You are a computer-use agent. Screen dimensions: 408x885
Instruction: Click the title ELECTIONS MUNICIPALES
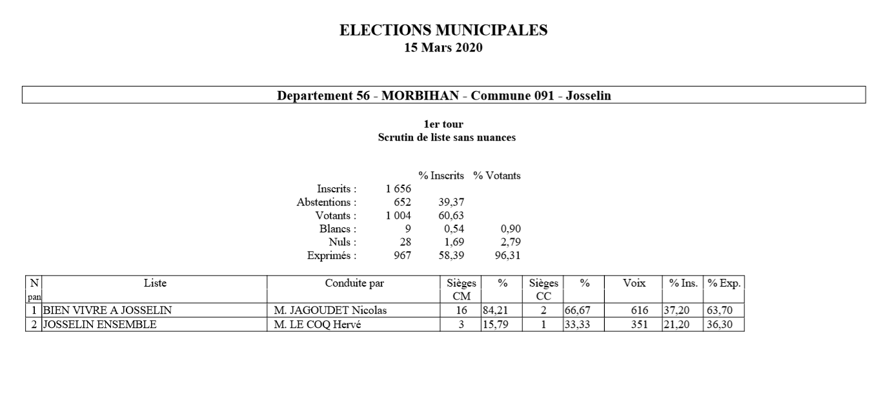pos(443,30)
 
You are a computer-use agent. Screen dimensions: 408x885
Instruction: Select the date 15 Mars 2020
pos(443,48)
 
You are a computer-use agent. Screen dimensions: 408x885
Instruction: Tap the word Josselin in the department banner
pos(588,96)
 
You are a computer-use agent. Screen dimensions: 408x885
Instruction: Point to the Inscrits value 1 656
pos(398,189)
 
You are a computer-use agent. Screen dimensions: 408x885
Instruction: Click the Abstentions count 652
pos(402,202)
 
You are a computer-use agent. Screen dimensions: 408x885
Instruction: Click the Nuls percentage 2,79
pos(510,242)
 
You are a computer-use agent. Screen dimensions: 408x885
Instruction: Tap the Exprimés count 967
pos(402,255)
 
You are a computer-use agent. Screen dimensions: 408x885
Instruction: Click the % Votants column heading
pos(496,176)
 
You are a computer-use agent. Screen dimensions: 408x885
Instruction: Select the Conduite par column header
pos(354,283)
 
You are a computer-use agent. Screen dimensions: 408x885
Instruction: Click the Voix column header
pos(634,283)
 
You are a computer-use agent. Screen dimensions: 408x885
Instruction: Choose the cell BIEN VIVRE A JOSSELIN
pos(107,311)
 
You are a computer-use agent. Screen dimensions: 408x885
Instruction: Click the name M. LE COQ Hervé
pos(317,325)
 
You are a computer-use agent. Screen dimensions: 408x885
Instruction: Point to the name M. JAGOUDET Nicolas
pos(330,311)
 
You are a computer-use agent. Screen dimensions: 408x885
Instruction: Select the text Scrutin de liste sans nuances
pos(443,138)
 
